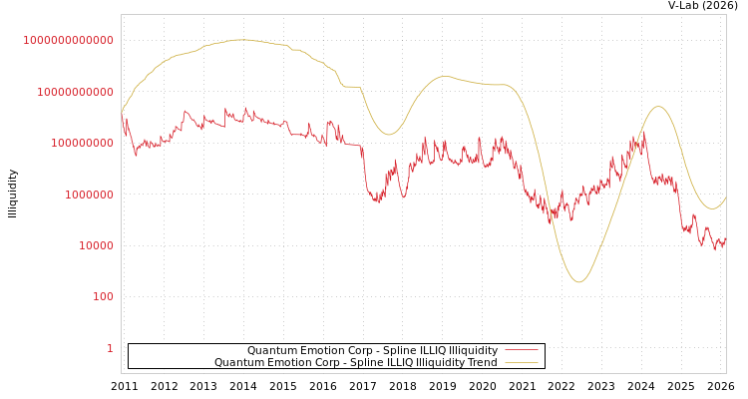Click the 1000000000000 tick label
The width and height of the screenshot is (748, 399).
69,40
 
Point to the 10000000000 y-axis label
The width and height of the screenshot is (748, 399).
75,92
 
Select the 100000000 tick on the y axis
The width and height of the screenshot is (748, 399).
81,143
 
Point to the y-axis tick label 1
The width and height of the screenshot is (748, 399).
110,348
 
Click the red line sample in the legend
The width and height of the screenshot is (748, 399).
521,350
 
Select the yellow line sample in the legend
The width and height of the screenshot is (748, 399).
521,362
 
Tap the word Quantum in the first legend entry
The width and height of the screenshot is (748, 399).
270,350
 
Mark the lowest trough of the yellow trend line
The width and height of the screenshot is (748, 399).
578,282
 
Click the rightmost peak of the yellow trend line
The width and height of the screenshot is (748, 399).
658,107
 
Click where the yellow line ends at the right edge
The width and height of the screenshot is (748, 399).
725,198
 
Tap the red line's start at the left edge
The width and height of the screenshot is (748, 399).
122,113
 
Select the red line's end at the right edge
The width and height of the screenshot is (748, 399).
725,238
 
